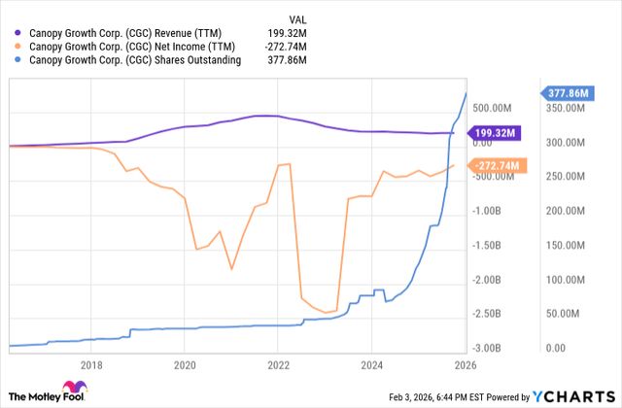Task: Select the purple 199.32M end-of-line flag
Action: pos(500,133)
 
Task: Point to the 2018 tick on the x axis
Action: pos(91,365)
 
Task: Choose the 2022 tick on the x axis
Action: pos(278,365)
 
